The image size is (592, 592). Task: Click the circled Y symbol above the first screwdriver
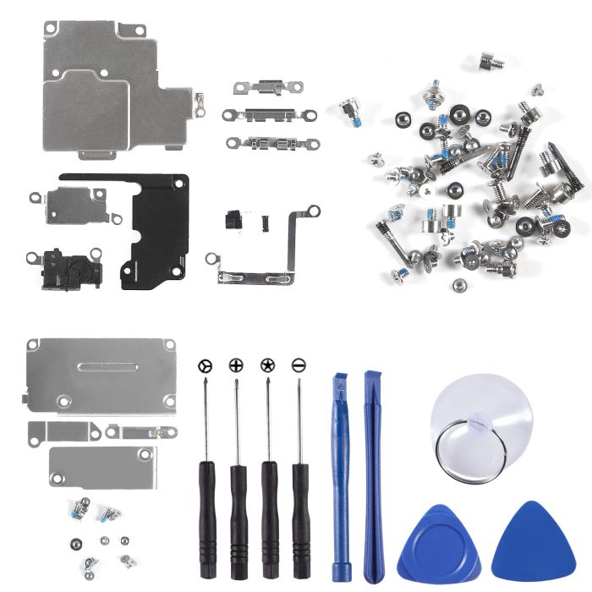pos(204,365)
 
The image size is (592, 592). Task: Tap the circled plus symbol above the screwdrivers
pos(235,365)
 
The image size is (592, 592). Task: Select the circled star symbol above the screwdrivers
pos(267,365)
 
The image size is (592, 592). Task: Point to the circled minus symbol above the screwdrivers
pos(299,365)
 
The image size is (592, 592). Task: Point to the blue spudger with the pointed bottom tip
pos(373,474)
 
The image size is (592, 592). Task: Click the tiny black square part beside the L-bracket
pos(262,221)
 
